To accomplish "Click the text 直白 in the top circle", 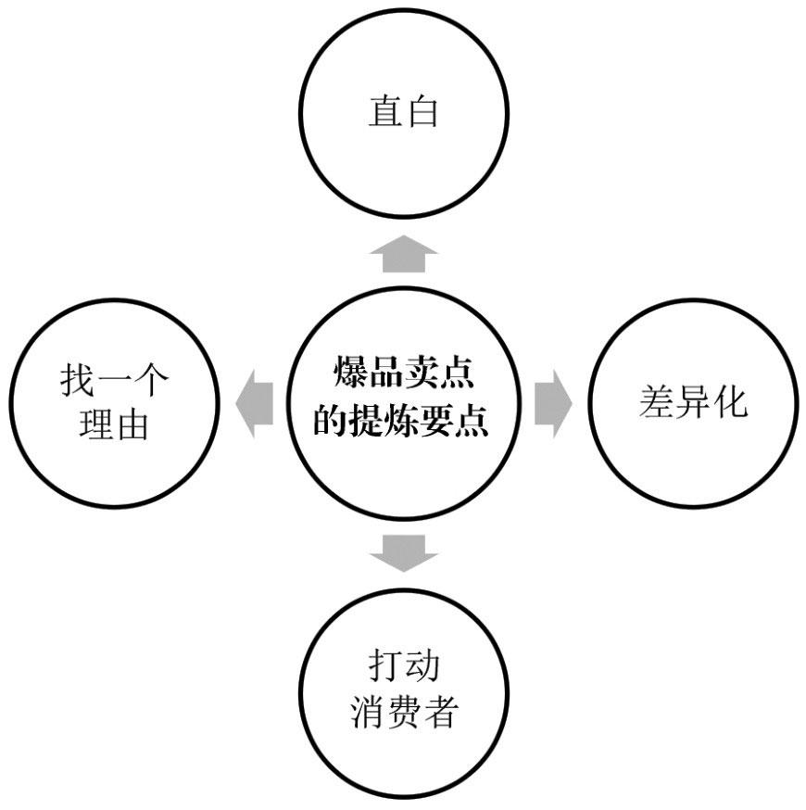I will pos(403,112).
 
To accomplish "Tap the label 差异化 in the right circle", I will pos(692,403).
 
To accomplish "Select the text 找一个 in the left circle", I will pos(116,381).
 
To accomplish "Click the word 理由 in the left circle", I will pos(116,427).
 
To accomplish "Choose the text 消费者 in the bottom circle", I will pos(404,715).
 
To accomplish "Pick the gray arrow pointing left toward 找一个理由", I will pos(256,403).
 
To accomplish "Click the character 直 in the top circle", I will pos(384,112).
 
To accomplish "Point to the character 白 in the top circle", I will pos(422,112).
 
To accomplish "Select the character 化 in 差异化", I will pos(729,403).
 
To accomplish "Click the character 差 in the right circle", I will pos(656,403).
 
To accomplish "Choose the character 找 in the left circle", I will pos(79,381).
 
